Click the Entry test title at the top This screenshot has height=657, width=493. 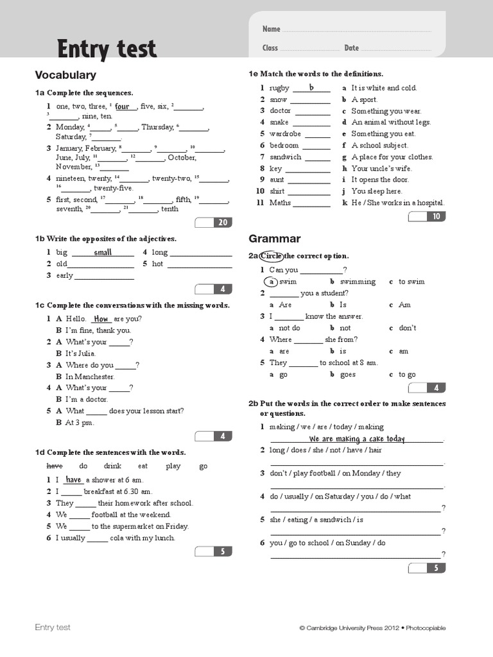point(107,49)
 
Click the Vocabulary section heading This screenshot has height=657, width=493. point(65,75)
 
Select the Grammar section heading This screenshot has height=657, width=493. point(275,239)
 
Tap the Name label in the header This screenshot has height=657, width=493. point(272,30)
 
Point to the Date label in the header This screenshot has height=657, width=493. point(351,48)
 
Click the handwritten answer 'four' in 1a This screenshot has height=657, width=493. point(122,107)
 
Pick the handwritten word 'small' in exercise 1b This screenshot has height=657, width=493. point(103,252)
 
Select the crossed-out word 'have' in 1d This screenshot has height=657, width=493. point(55,466)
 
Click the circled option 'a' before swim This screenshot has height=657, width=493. point(272,282)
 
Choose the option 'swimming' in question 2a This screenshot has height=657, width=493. point(358,282)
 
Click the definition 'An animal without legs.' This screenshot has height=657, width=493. point(391,123)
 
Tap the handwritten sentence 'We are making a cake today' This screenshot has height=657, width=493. point(357,439)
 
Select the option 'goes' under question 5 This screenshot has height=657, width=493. point(347,375)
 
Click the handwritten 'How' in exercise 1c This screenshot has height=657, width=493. point(101,319)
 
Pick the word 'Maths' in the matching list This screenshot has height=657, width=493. point(281,203)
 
